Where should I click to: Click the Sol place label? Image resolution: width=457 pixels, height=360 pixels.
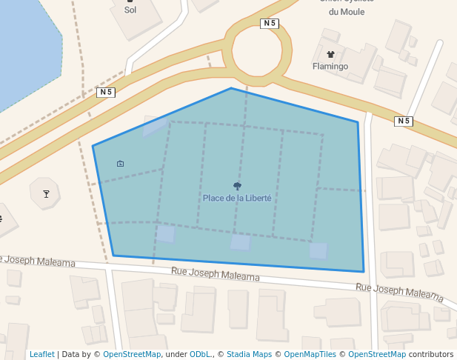pyautogui.click(x=130, y=10)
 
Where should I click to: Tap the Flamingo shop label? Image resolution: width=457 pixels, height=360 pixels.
pyautogui.click(x=330, y=66)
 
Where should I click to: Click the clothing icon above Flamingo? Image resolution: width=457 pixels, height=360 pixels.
pyautogui.click(x=330, y=54)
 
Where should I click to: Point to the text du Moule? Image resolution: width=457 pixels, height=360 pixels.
pyautogui.click(x=347, y=12)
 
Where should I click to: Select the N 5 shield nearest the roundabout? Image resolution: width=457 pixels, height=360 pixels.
pyautogui.click(x=270, y=24)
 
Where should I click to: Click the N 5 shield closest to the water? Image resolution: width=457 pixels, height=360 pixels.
pyautogui.click(x=106, y=92)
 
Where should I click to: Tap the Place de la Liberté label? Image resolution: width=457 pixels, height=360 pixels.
pyautogui.click(x=237, y=198)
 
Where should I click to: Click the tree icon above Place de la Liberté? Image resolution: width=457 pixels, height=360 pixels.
pyautogui.click(x=237, y=187)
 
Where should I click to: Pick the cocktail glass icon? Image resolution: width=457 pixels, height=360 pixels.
pyautogui.click(x=46, y=194)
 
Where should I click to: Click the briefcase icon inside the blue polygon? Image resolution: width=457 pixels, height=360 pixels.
pyautogui.click(x=121, y=163)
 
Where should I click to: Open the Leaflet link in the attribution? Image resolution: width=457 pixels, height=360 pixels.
pyautogui.click(x=42, y=354)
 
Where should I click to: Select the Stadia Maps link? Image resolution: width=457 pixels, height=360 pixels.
pyautogui.click(x=249, y=354)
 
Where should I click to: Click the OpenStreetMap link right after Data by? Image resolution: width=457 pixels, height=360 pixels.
pyautogui.click(x=132, y=354)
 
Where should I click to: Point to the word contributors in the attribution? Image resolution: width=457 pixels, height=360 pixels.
pyautogui.click(x=430, y=354)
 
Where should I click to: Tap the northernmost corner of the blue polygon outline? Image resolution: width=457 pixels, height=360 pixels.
pyautogui.click(x=231, y=88)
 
